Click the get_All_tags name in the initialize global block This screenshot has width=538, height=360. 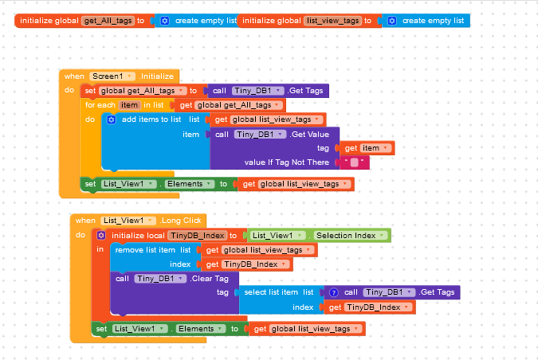(108, 20)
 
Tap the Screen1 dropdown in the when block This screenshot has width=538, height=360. (112, 76)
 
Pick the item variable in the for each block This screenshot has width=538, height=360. (129, 105)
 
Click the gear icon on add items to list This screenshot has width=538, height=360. (112, 119)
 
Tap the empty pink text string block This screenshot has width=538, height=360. (354, 162)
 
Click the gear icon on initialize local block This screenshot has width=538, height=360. (101, 235)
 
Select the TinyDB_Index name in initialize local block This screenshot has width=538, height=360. (197, 236)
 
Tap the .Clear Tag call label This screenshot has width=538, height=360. (209, 279)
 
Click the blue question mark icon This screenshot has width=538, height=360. (334, 292)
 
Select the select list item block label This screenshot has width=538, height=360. (271, 292)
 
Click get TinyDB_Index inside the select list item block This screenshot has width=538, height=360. (369, 307)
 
